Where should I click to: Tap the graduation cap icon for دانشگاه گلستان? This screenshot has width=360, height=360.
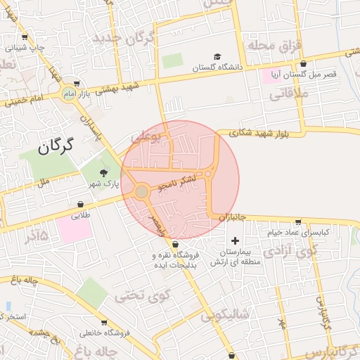click(x=217, y=56)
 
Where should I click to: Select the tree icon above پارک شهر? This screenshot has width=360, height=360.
click(x=104, y=172)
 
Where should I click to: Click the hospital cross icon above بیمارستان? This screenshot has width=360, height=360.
click(x=235, y=241)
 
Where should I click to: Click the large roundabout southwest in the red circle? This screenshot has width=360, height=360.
click(x=142, y=191)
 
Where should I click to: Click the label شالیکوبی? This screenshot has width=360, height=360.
click(x=224, y=316)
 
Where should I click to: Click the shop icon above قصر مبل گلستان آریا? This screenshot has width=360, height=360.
click(x=303, y=63)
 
